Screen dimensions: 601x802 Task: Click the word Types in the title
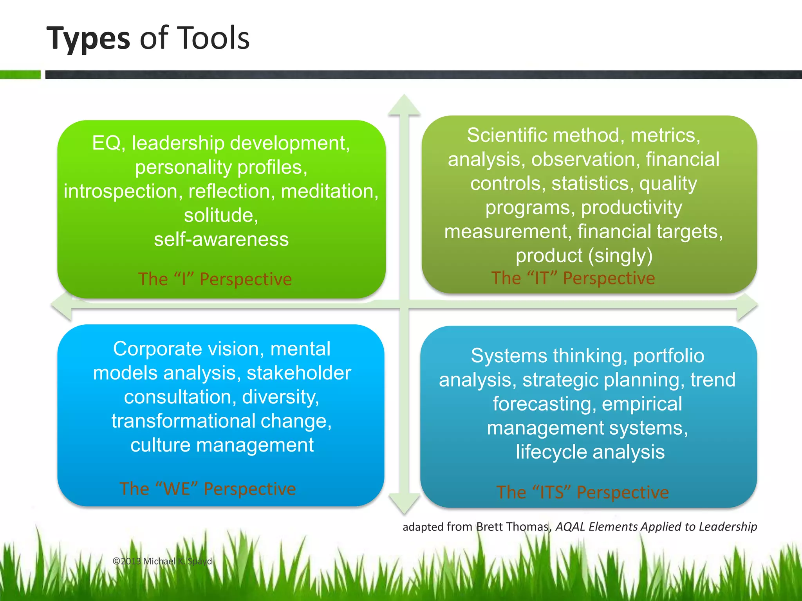click(x=88, y=38)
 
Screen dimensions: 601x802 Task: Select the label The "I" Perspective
click(x=215, y=279)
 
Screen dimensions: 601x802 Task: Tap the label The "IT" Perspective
click(x=573, y=278)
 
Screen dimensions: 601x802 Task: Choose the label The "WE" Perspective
click(x=208, y=489)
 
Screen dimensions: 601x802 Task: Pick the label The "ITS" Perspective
click(x=583, y=492)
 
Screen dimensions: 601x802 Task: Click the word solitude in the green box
click(x=221, y=215)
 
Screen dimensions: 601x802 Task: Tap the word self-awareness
click(x=221, y=239)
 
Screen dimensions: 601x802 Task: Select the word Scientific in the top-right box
click(x=507, y=135)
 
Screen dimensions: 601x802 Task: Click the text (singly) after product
click(x=621, y=256)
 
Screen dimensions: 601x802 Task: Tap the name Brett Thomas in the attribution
click(x=513, y=527)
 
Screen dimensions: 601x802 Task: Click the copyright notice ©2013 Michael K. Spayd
click(x=163, y=561)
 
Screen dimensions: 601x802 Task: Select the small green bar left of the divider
click(x=20, y=74)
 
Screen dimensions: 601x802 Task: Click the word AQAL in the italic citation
click(x=570, y=527)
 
